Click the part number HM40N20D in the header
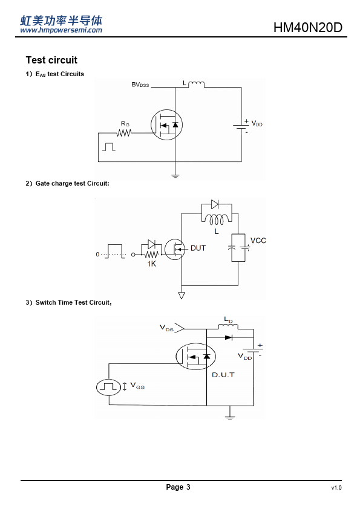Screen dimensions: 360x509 (308, 27)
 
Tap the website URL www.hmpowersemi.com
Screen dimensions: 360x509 (61, 30)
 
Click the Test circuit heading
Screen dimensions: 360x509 (51, 60)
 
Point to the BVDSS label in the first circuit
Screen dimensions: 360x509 (140, 85)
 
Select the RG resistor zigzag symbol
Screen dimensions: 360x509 (124, 133)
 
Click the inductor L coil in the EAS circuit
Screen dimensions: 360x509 (196, 85)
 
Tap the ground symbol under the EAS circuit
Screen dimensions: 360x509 (175, 176)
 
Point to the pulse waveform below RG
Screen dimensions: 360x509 (109, 147)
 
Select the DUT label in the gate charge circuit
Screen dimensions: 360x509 (198, 248)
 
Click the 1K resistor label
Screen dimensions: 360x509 (152, 264)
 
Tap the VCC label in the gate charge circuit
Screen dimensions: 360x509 (258, 241)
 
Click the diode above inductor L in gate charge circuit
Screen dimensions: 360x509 (215, 204)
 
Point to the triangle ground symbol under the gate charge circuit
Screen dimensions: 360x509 (182, 296)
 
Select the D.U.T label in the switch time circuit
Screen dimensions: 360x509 (223, 375)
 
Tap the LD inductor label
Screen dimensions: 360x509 (229, 320)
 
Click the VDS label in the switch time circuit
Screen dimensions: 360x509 (166, 328)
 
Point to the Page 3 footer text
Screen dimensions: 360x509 (178, 487)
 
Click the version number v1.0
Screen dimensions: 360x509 (336, 488)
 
